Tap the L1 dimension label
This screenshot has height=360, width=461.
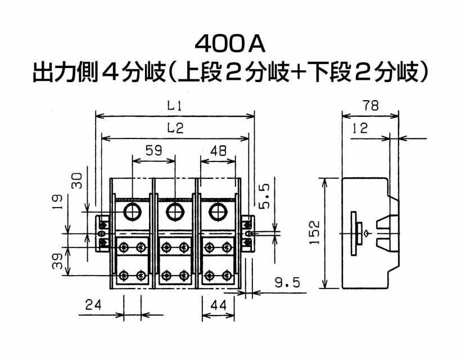(x=175, y=105)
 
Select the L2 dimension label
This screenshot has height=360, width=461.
(x=175, y=128)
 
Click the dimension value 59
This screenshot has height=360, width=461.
(x=154, y=151)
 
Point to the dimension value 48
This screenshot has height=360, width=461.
(x=219, y=151)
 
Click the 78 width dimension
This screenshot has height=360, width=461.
(x=370, y=105)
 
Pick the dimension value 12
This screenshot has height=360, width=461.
(x=360, y=128)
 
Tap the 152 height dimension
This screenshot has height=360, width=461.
(x=314, y=232)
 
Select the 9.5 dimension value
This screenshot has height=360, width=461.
(x=287, y=283)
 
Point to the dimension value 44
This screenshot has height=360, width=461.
(x=219, y=305)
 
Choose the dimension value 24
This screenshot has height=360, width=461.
(x=93, y=305)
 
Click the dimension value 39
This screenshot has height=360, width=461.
(x=57, y=261)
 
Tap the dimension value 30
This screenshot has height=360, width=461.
(x=77, y=181)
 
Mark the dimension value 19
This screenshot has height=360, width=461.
(x=57, y=202)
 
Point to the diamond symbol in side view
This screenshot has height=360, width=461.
(x=367, y=234)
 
